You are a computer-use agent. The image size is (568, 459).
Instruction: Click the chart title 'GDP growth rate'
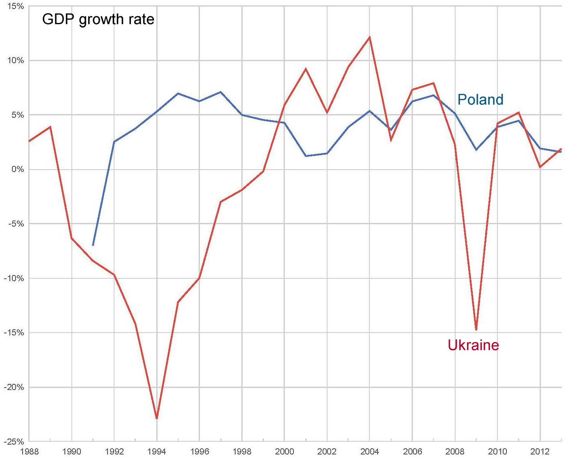(98, 19)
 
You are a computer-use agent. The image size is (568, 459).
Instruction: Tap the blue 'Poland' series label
(480, 100)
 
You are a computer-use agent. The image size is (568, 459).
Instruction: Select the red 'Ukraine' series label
(473, 345)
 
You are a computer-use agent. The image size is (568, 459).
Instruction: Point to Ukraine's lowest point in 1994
(157, 418)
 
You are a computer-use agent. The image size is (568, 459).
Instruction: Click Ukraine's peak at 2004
(369, 37)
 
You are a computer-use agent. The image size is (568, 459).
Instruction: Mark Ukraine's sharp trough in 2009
(476, 329)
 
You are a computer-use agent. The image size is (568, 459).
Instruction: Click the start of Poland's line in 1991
(93, 245)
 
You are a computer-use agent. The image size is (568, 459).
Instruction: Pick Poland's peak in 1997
(221, 92)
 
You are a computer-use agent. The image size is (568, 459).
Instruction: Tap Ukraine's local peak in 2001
(306, 69)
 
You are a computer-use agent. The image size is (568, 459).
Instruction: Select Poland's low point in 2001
(306, 156)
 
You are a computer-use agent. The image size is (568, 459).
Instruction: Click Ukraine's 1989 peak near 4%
(50, 127)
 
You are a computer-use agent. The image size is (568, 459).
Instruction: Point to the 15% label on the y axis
(15, 7)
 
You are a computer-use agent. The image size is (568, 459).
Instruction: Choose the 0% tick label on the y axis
(17, 169)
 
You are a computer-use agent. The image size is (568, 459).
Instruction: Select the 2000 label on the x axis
(284, 452)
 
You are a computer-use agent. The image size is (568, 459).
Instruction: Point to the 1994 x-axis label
(157, 452)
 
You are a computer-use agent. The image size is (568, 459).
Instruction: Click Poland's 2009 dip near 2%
(476, 150)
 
